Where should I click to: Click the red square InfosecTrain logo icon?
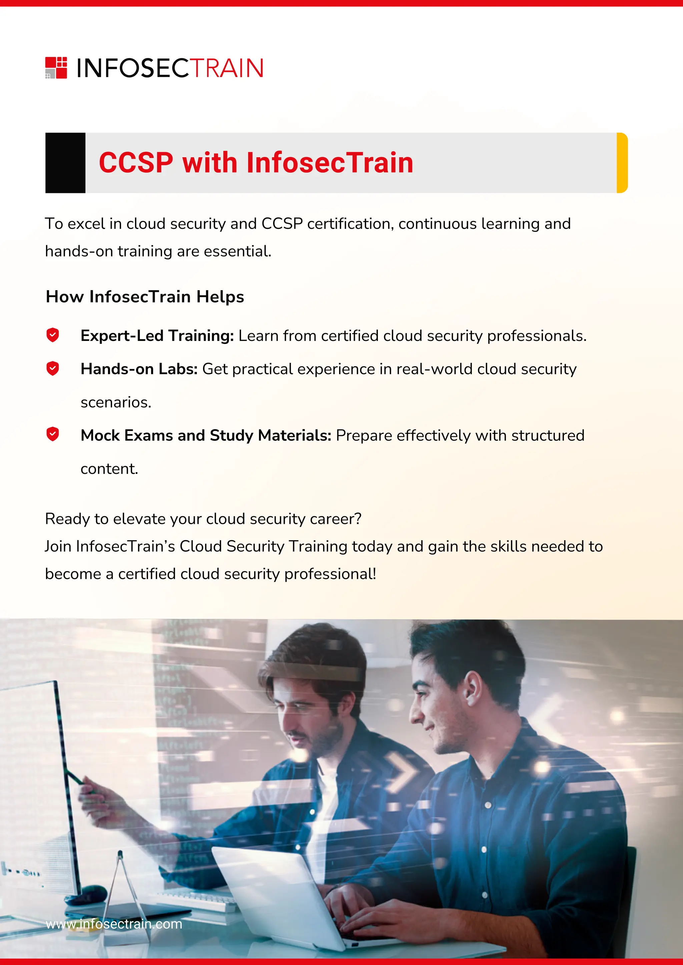click(56, 68)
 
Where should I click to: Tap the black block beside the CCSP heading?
click(65, 163)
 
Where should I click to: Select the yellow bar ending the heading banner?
click(622, 163)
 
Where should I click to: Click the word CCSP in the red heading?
click(136, 163)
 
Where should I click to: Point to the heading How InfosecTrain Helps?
click(145, 297)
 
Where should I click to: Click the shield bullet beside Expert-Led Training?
click(53, 335)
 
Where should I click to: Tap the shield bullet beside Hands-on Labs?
click(53, 368)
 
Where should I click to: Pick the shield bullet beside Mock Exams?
click(53, 434)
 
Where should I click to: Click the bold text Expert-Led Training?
click(157, 336)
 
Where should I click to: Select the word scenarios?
click(116, 403)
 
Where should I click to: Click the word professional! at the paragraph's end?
click(330, 574)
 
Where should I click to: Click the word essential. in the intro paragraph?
click(238, 251)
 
